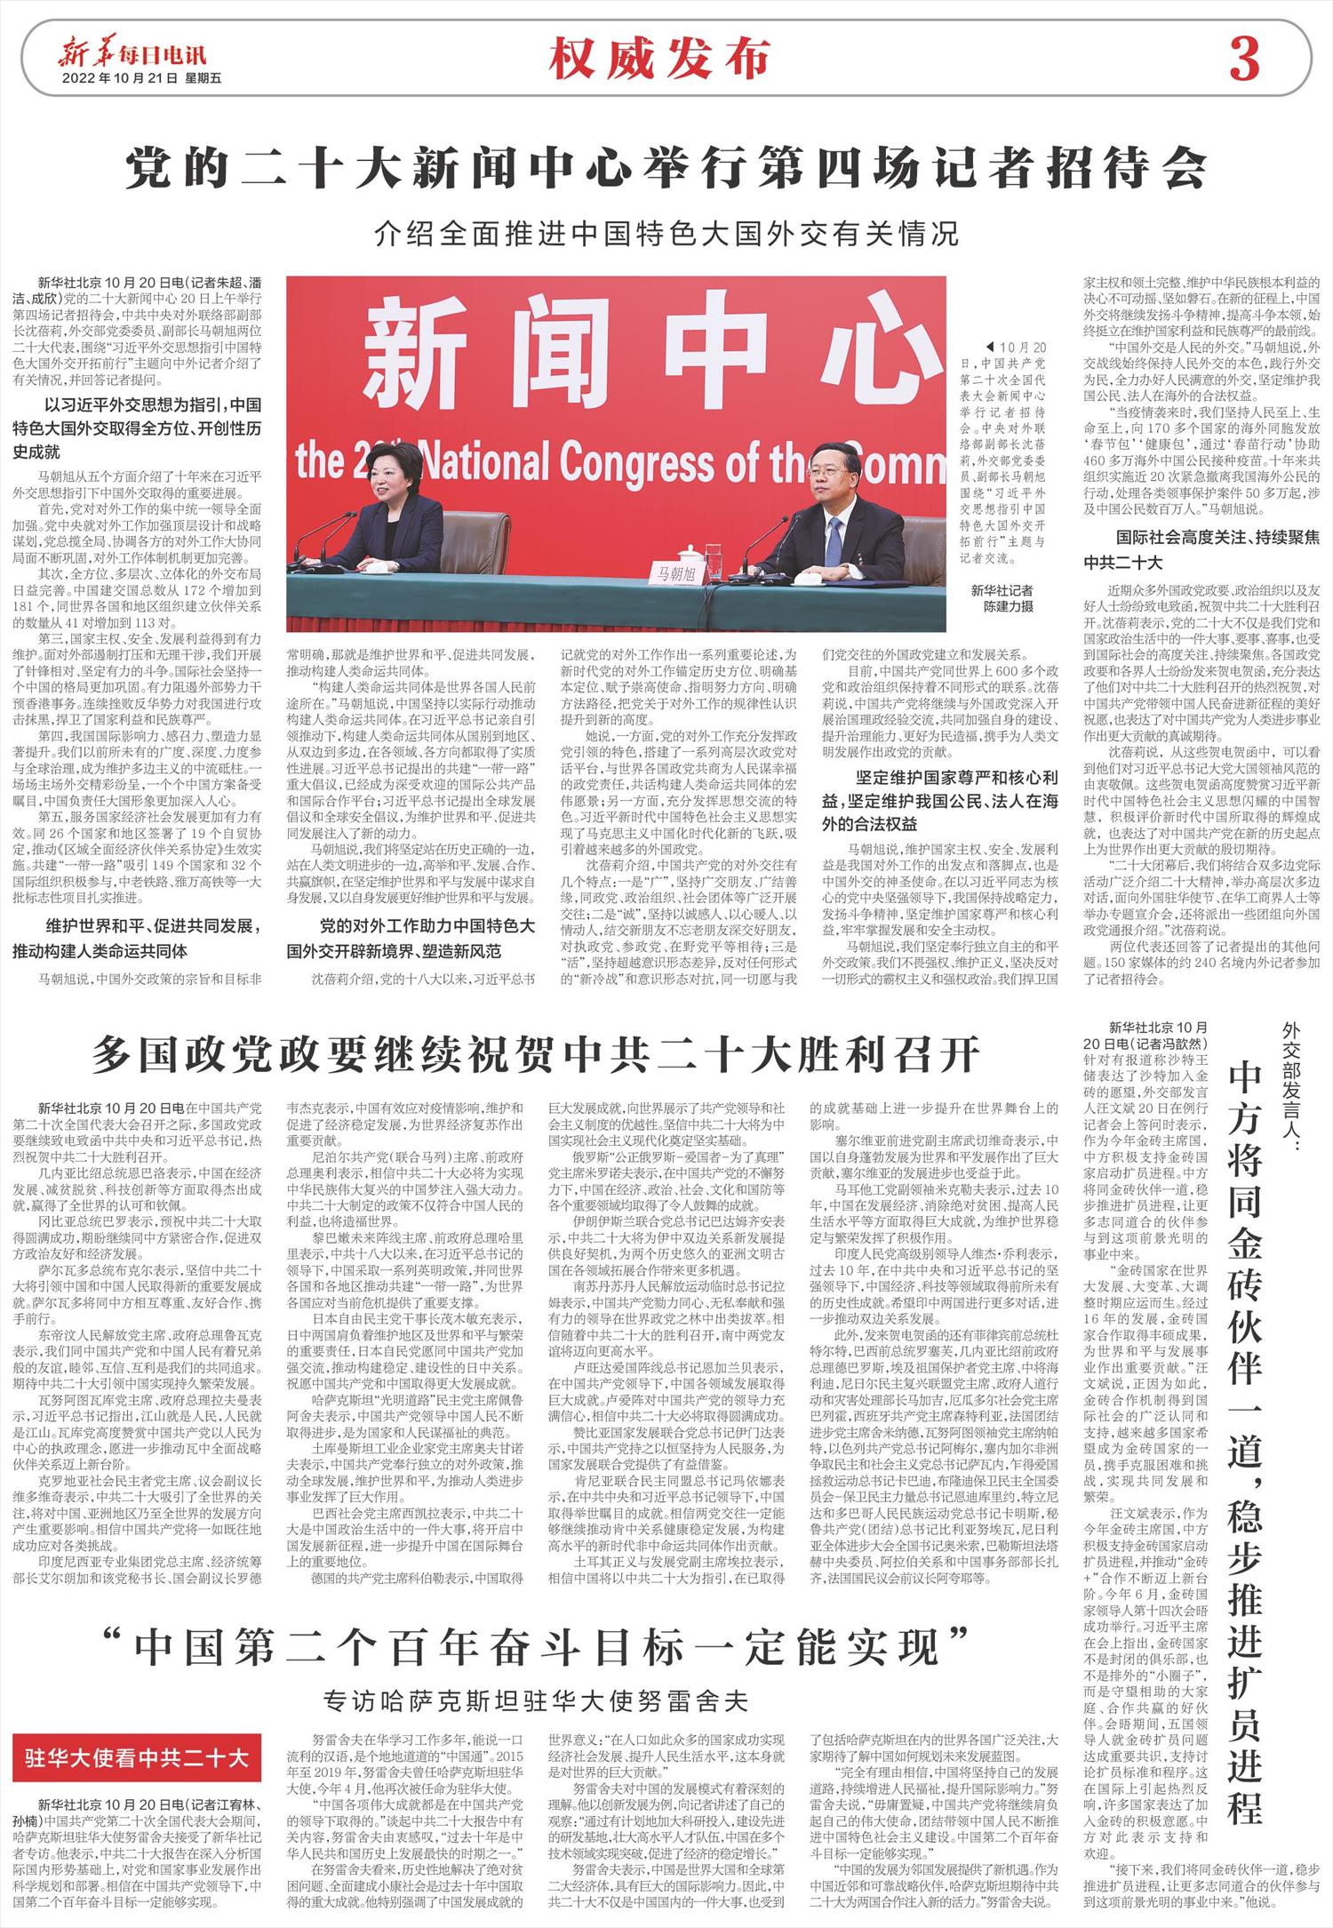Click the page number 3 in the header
(1244, 61)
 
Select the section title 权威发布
(659, 60)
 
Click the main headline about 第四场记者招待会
(666, 166)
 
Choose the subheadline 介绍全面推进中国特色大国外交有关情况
(666, 235)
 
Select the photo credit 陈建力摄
(1007, 606)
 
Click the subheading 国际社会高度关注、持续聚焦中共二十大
(1201, 549)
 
